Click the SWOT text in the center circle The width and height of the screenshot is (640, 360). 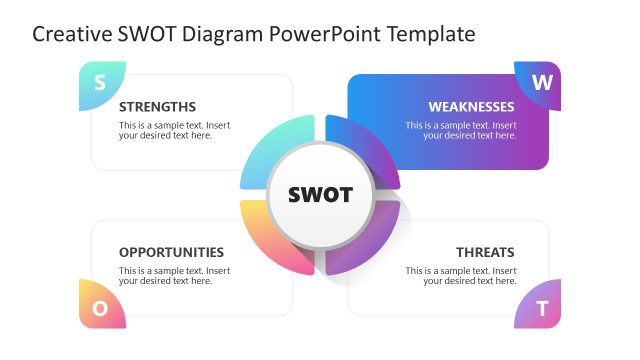click(x=320, y=195)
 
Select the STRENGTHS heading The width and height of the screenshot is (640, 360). click(x=157, y=107)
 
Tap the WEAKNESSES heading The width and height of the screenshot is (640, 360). click(x=471, y=107)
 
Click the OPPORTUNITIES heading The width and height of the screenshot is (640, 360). click(x=171, y=252)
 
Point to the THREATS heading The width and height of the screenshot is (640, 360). click(x=485, y=252)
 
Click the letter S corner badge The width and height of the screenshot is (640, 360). click(x=99, y=83)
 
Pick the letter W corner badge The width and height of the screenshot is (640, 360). click(x=541, y=83)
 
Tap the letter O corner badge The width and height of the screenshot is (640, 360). click(x=100, y=308)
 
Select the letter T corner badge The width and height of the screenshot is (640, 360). click(x=541, y=309)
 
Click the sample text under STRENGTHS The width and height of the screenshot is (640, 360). click(x=174, y=131)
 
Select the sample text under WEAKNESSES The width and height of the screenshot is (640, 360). click(x=461, y=131)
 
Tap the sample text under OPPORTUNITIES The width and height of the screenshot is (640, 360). click(x=174, y=276)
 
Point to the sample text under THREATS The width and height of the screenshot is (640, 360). click(x=461, y=276)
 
